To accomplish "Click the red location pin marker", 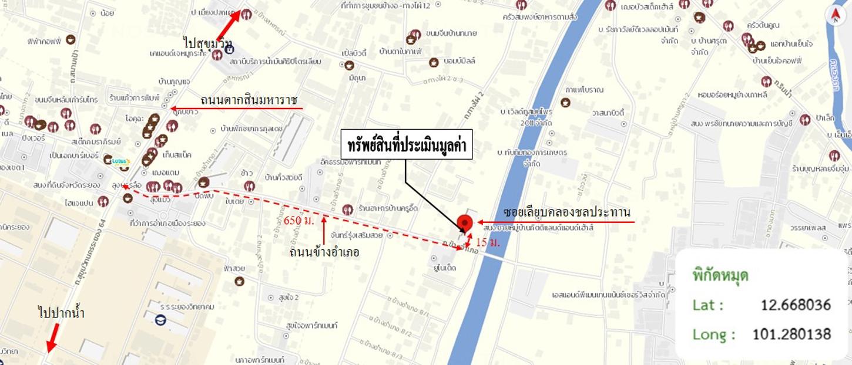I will pos(465,224).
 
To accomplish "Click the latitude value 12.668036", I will pos(796,305).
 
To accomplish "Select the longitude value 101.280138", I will pos(791,334).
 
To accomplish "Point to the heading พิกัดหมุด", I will pos(720,275).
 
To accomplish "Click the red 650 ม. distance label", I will pos(298,221).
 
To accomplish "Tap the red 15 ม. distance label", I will pos(488,242).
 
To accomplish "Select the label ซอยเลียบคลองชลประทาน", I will pos(566,212).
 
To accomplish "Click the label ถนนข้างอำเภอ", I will pos(324,252).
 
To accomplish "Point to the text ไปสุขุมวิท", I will pos(207,42).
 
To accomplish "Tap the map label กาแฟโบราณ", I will pos(584,90).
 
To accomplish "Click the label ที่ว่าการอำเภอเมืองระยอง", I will pos(168,223).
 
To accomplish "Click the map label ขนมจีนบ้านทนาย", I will pos(451,33).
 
